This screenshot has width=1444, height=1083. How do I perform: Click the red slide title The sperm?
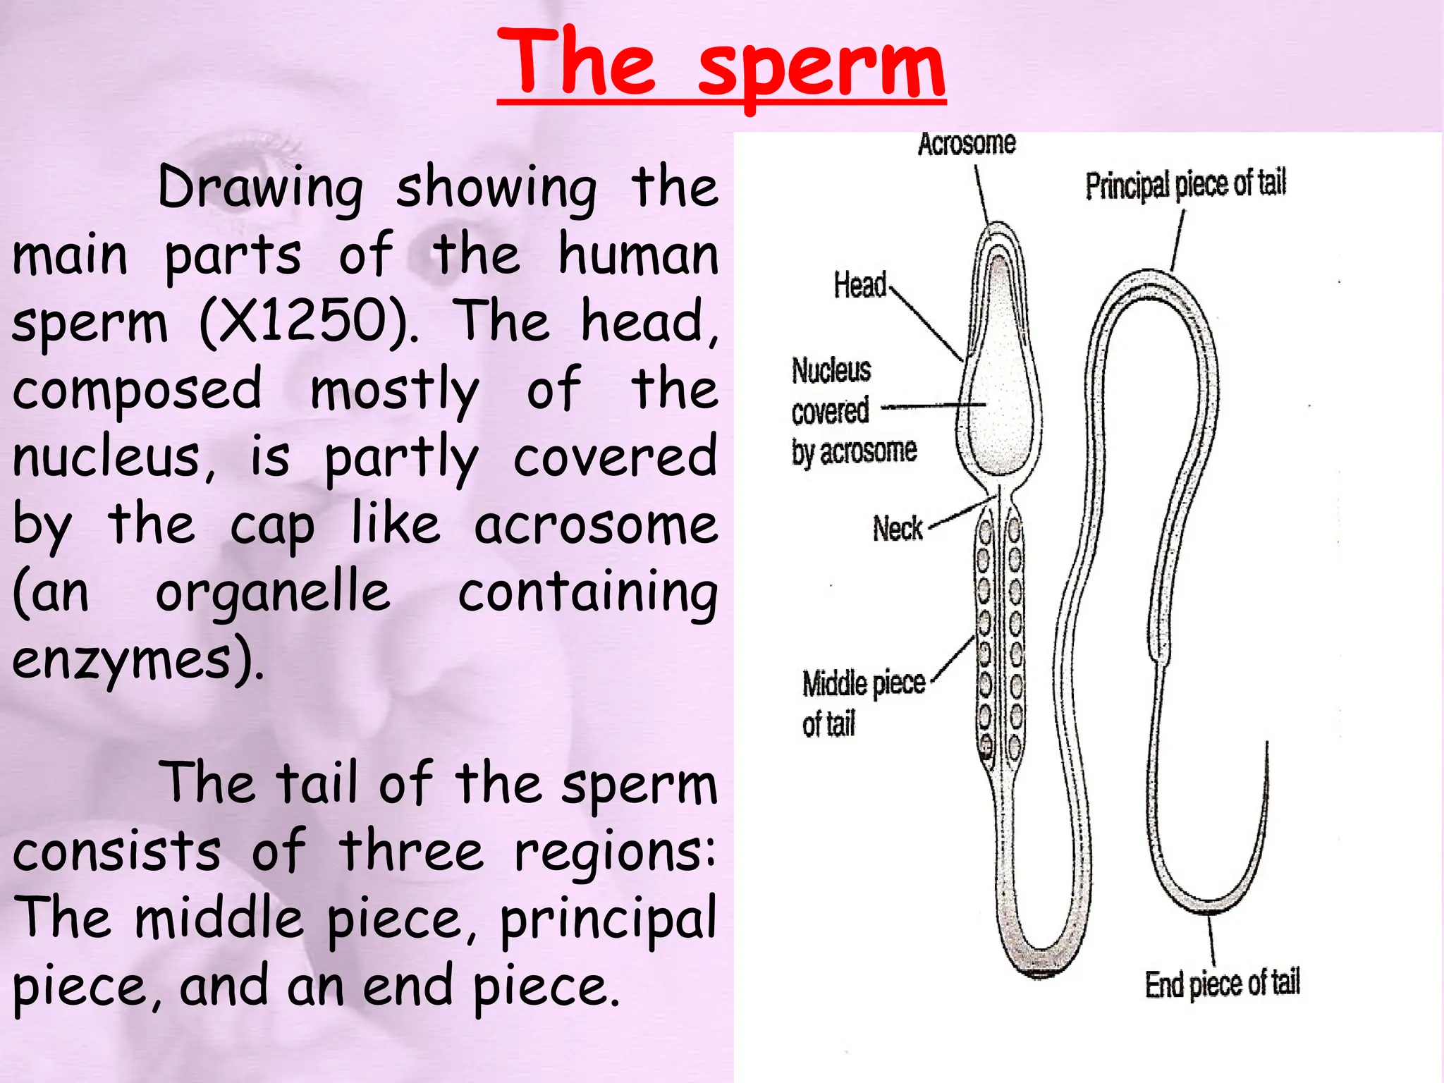point(721,65)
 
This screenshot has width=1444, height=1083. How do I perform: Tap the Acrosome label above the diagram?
point(967,144)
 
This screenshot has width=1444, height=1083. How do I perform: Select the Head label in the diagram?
point(859,285)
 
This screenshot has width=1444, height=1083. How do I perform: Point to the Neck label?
point(898,529)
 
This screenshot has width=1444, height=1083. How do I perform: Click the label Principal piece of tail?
point(1186,185)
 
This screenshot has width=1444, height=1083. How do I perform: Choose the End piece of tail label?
point(1222,984)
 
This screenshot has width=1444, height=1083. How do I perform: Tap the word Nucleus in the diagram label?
point(831,371)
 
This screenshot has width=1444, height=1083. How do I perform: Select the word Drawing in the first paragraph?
point(260,189)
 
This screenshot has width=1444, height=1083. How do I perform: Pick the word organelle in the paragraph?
point(272,593)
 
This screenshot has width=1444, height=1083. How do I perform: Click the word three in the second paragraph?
point(411,852)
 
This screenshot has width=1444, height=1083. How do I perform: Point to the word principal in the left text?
point(608,920)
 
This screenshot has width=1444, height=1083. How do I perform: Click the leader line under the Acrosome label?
point(982,194)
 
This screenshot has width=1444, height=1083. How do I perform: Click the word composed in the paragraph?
point(137,391)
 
